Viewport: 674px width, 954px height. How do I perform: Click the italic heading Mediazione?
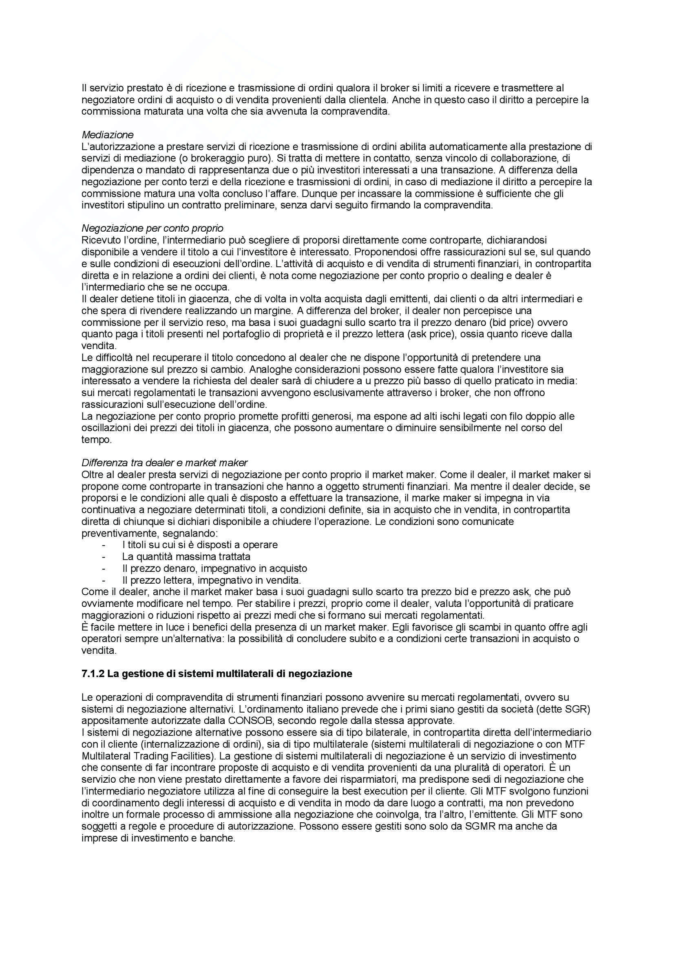coord(108,135)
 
